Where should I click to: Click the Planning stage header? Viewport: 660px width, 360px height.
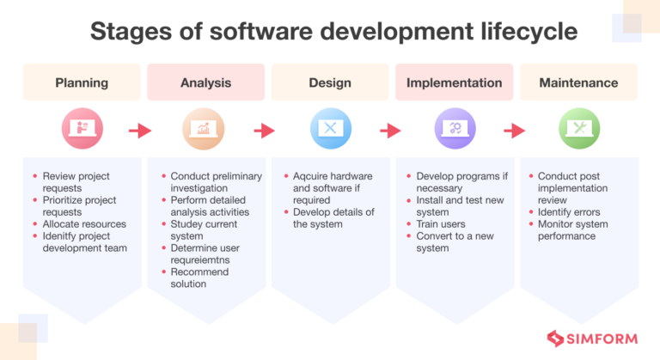click(82, 83)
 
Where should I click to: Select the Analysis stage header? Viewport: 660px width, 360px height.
click(205, 83)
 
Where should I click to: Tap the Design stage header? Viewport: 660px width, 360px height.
click(330, 83)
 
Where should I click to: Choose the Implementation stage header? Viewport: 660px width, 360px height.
click(454, 83)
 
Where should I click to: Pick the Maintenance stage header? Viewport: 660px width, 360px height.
click(578, 83)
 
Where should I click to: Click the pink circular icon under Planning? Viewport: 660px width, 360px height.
click(82, 130)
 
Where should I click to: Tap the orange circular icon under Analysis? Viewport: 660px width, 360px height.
click(205, 130)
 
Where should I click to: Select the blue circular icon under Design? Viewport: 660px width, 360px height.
click(330, 130)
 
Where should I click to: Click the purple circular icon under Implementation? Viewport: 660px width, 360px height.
click(454, 130)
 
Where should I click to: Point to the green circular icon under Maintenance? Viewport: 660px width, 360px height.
click(578, 130)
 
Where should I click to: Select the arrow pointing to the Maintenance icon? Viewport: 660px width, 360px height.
click(514, 131)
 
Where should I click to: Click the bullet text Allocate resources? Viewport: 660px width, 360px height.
click(84, 224)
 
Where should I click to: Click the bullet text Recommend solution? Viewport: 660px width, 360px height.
click(199, 278)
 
